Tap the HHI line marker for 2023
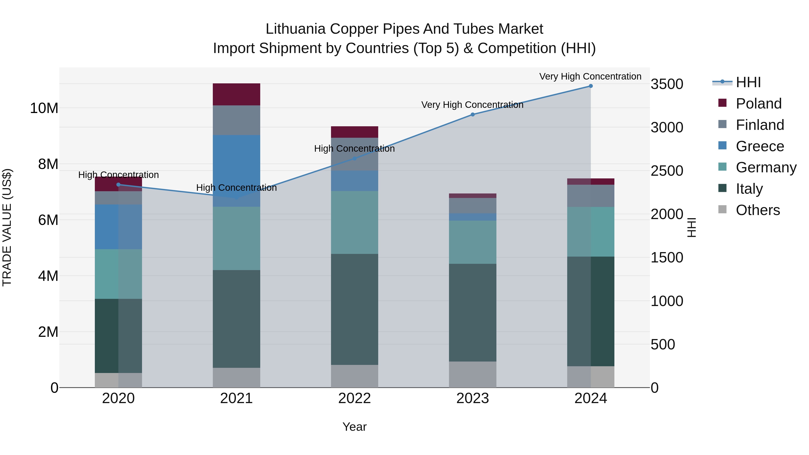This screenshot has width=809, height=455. point(472,115)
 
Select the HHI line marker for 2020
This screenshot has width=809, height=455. point(118,185)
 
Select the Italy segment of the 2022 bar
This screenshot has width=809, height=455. point(355,309)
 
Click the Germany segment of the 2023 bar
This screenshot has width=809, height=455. point(472,242)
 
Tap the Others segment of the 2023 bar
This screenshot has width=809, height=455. point(472,374)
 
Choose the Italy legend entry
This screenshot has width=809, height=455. point(749,189)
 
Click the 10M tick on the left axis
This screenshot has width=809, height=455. point(44,108)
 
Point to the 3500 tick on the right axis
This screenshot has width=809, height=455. point(667,84)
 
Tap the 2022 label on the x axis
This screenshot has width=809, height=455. point(355,398)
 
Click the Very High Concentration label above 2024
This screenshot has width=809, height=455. point(590,76)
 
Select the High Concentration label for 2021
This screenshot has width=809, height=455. point(236,188)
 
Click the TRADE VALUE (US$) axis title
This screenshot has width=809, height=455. point(7,227)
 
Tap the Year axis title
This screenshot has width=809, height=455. point(355,427)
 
